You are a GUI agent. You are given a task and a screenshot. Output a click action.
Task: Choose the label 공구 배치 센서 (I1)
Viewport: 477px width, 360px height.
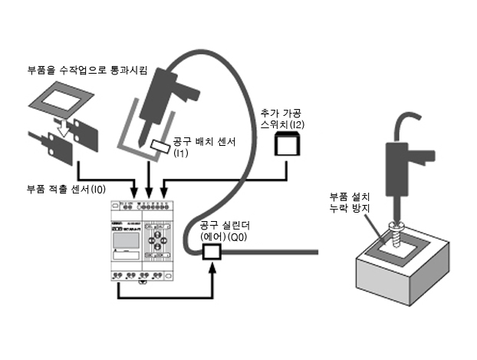209,147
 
